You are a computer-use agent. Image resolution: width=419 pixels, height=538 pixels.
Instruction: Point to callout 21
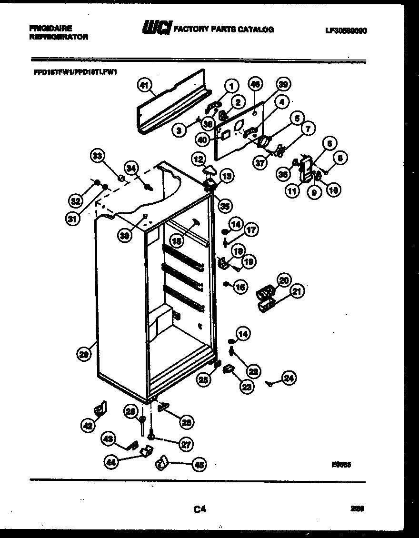(297, 291)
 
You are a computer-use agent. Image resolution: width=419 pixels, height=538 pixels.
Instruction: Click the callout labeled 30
(125, 236)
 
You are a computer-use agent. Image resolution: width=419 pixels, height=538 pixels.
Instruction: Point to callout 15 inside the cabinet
(177, 242)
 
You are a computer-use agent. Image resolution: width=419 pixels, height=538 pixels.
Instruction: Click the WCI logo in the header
(157, 29)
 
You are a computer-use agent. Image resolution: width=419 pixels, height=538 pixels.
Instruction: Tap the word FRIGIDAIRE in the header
(50, 29)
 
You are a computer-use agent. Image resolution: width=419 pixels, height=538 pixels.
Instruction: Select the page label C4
(200, 509)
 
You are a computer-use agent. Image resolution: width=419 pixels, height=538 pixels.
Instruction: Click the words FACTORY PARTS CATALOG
(223, 30)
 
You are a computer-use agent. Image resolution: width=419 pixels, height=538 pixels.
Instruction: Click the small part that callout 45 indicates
(162, 461)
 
